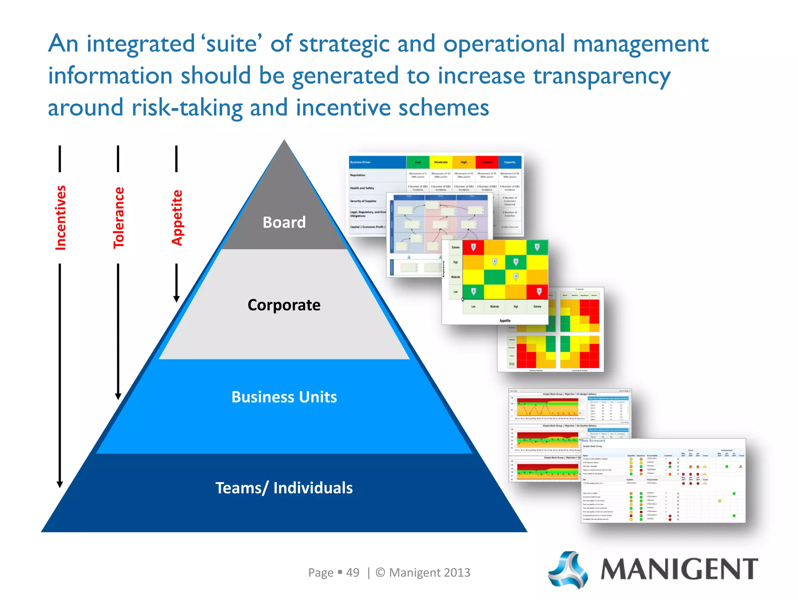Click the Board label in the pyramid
(x=284, y=222)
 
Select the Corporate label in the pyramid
(x=284, y=305)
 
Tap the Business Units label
(x=284, y=397)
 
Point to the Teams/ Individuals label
(x=284, y=488)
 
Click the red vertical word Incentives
(x=60, y=218)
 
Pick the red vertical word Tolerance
(x=118, y=218)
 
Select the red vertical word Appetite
(x=177, y=218)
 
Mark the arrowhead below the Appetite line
(x=177, y=299)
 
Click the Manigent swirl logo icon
(x=568, y=570)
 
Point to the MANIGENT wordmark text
(x=679, y=570)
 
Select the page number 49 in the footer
(x=353, y=572)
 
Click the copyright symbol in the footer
(x=380, y=572)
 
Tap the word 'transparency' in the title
(x=602, y=76)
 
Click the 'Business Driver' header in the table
(x=360, y=162)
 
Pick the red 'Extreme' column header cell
(x=487, y=162)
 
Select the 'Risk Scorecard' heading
(x=593, y=441)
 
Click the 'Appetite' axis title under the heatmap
(x=505, y=321)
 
